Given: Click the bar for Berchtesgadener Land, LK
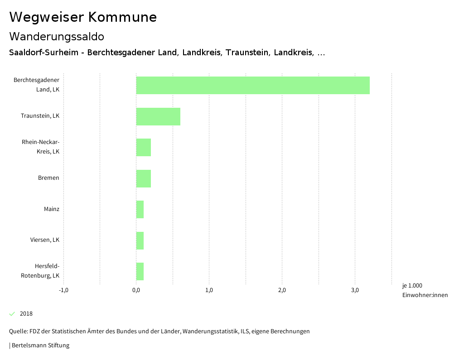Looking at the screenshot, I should point(253,85).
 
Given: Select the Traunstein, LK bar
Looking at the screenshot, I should point(158,116).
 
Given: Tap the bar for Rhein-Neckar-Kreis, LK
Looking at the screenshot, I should point(144,147).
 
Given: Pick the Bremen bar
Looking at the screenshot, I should point(144,178).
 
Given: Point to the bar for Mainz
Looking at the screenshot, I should point(140,209).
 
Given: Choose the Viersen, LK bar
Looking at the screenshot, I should point(140,240).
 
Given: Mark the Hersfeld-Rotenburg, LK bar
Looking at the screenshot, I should point(140,271).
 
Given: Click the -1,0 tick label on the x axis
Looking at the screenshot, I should point(63,290).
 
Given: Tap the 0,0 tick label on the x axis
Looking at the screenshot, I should point(136,290).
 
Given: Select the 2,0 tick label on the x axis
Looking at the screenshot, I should point(282,290).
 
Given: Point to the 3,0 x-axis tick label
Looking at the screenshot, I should point(355,290).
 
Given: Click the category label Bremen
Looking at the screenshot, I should point(48,178).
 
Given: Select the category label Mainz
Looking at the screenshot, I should point(52,209).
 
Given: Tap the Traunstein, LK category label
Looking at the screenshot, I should point(40,116).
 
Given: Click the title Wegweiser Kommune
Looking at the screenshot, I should point(83,17).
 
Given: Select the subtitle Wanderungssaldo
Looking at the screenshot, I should point(57,36).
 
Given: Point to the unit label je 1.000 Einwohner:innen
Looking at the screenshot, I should point(425,290).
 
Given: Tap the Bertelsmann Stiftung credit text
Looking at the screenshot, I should point(40,346).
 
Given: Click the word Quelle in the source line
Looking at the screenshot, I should point(18,331).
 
